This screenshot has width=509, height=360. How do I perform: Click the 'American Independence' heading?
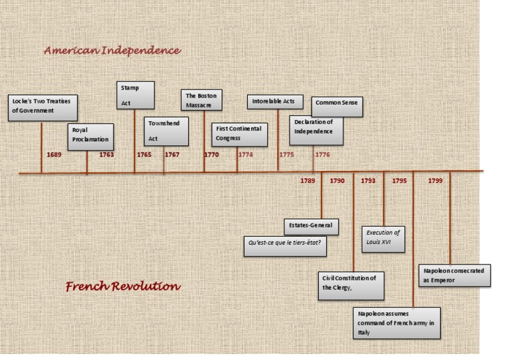tap(112, 50)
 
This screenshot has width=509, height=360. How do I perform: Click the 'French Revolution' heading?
tap(123, 286)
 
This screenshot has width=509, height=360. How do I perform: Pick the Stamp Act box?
tap(135, 95)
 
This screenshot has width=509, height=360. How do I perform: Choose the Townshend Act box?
tap(166, 131)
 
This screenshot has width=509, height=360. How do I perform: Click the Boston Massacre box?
tap(202, 100)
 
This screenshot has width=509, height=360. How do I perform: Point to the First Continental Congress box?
tap(240, 134)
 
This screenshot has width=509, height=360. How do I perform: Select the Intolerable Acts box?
tap(275, 102)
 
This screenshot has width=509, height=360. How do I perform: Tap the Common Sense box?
tap(337, 106)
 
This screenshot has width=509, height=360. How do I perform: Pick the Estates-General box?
tap(311, 226)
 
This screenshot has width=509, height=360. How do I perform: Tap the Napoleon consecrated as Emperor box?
tap(456, 275)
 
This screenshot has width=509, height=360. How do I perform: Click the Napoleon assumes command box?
tap(396, 322)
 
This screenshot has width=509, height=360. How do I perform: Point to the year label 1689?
tap(54, 154)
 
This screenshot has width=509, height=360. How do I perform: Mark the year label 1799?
tap(435, 180)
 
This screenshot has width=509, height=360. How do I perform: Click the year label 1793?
tap(368, 180)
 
